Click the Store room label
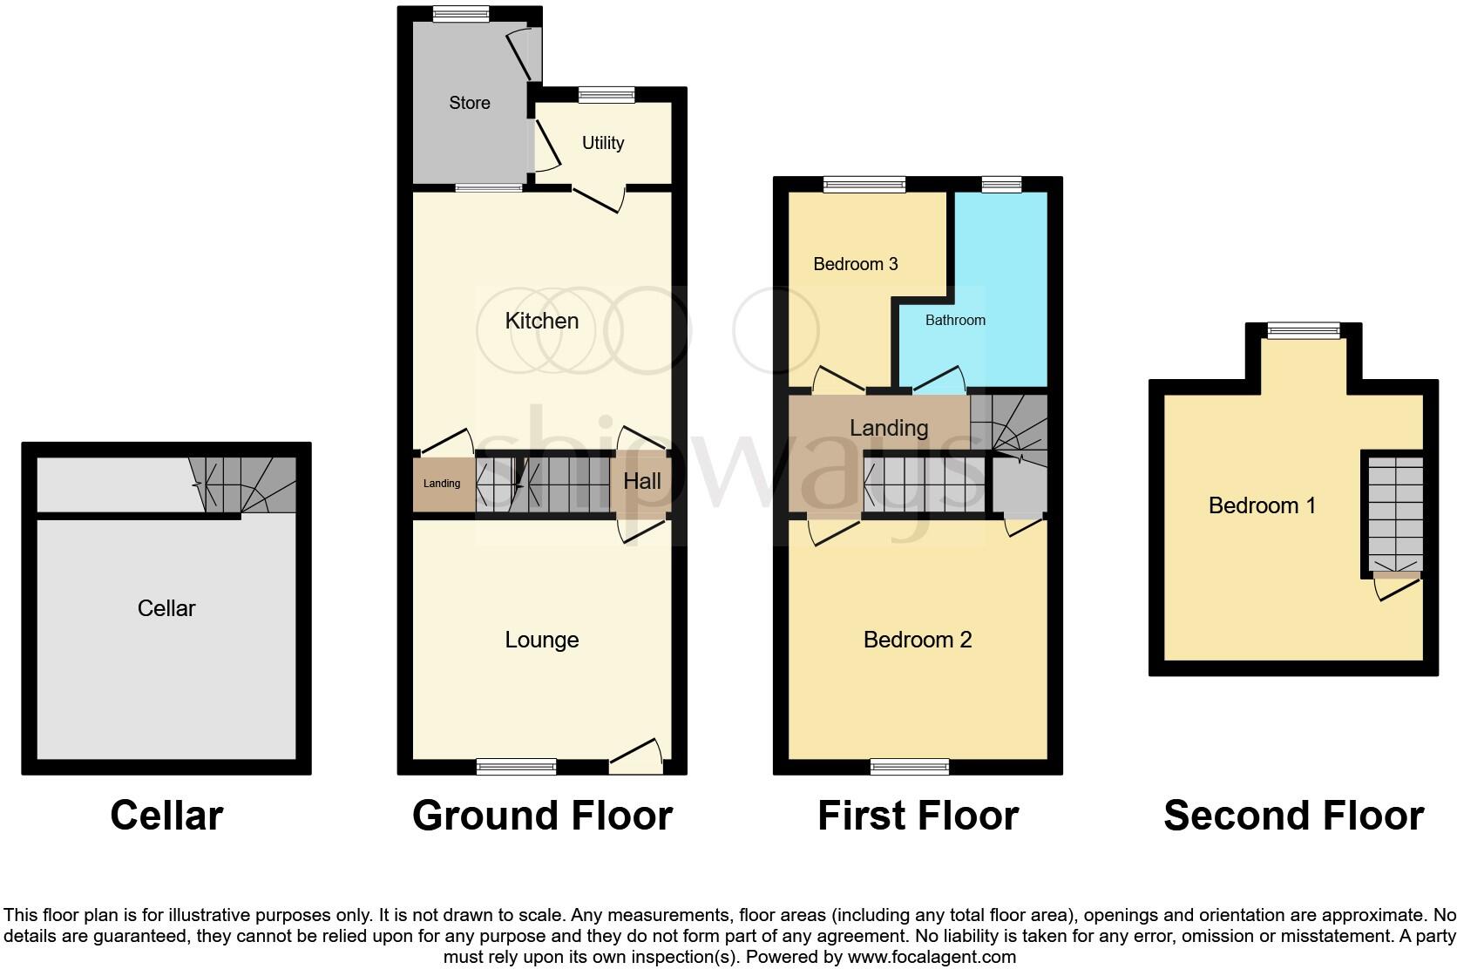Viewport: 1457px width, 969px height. coord(469,103)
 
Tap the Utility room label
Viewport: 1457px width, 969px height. coord(603,143)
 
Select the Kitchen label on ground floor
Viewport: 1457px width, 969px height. coord(541,321)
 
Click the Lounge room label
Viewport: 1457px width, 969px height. coord(541,640)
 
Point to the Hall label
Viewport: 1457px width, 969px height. coord(641,481)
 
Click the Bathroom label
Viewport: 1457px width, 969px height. coord(955,320)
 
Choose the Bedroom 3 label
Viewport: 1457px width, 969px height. coord(855,264)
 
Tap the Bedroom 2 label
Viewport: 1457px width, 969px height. coord(917,640)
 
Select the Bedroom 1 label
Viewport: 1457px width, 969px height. coord(1262,505)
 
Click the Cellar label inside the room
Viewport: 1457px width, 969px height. coord(166,608)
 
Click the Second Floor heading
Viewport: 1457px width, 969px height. coord(1293,816)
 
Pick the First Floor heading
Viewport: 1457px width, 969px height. coord(918,816)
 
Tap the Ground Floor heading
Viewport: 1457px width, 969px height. coord(542,816)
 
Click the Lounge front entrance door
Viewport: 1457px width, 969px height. coord(635,756)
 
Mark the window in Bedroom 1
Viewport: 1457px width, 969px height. coord(1303,329)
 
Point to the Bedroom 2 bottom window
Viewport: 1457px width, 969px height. coord(909,767)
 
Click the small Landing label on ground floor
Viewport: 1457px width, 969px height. coord(442,484)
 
